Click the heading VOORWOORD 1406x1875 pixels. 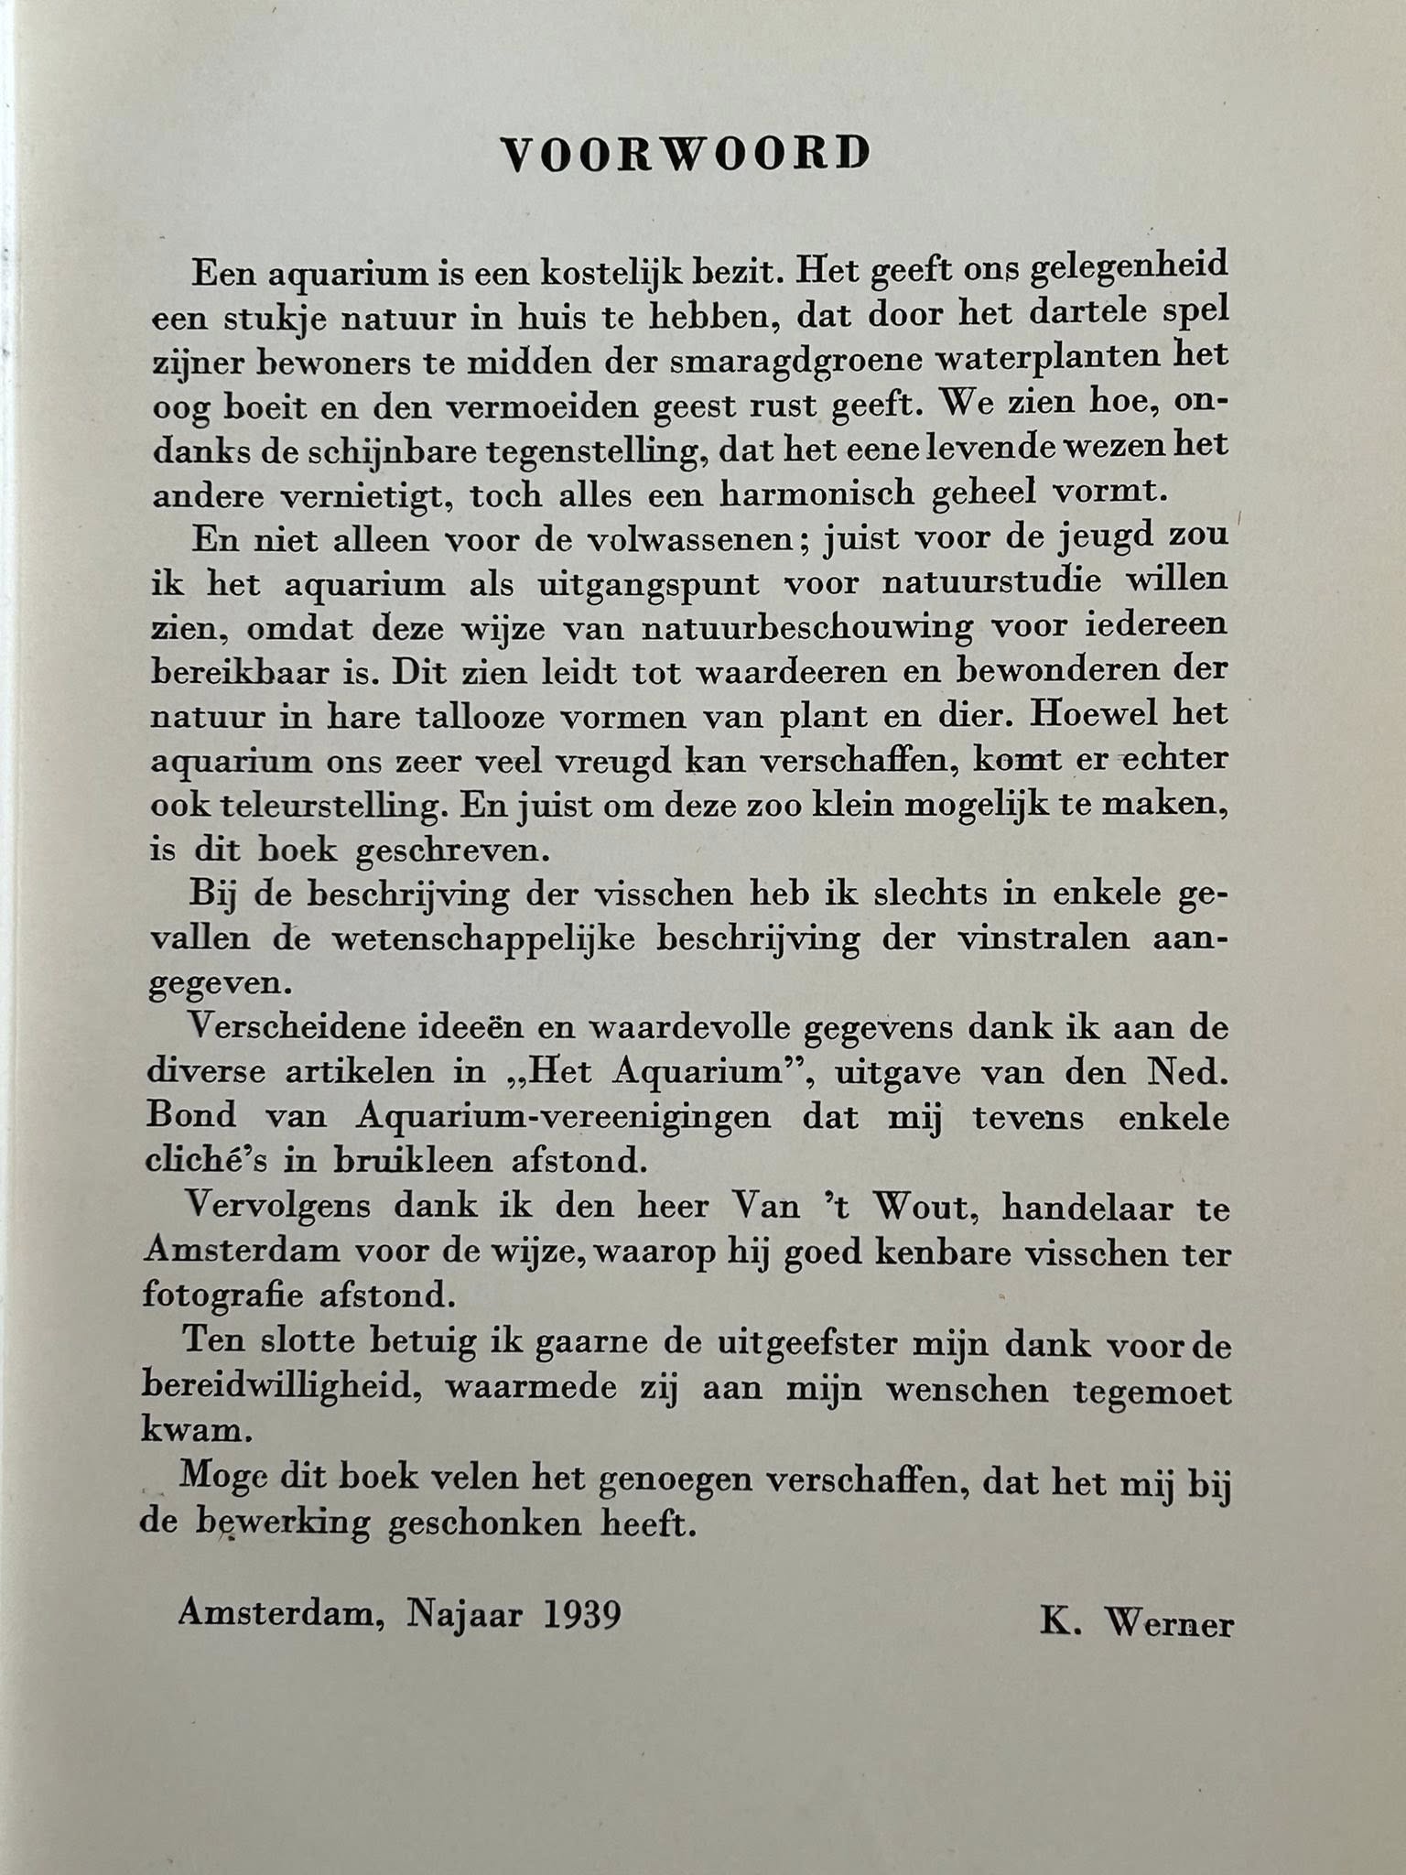(686, 155)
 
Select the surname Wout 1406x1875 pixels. (926, 1207)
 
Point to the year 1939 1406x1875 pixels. (581, 1613)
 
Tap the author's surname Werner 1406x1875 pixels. (1169, 1622)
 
